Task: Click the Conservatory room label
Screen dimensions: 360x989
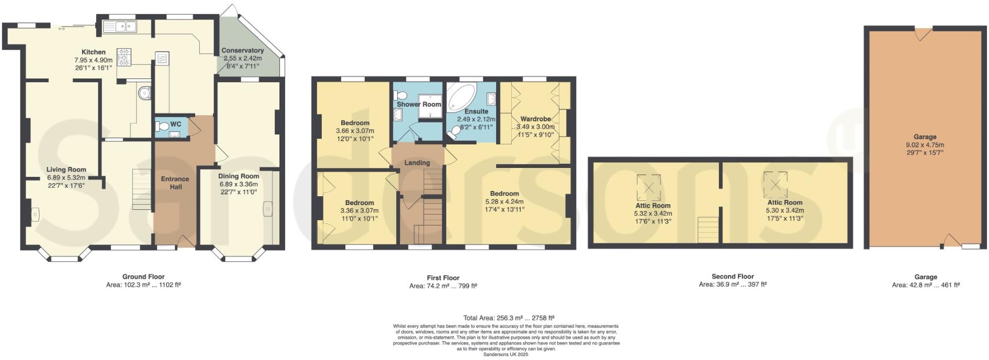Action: click(x=242, y=51)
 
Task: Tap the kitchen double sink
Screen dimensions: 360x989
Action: click(x=120, y=26)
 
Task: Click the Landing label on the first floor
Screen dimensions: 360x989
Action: click(x=417, y=163)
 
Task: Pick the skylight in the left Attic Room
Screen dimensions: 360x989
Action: click(x=648, y=187)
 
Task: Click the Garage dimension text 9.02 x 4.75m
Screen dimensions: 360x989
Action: click(x=925, y=145)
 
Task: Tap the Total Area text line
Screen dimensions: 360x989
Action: click(x=509, y=318)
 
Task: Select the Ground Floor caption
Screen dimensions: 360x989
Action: click(x=143, y=277)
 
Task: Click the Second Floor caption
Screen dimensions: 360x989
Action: click(x=733, y=276)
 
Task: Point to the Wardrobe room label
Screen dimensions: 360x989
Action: click(x=535, y=119)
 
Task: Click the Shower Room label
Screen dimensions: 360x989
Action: click(x=419, y=104)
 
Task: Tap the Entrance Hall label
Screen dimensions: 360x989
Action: click(x=175, y=183)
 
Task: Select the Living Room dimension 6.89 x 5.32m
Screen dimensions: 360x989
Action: click(x=66, y=177)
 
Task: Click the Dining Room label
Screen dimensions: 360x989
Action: click(x=239, y=176)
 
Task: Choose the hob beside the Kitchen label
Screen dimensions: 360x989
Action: click(x=125, y=57)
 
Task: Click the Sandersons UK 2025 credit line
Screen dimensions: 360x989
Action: click(x=505, y=354)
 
